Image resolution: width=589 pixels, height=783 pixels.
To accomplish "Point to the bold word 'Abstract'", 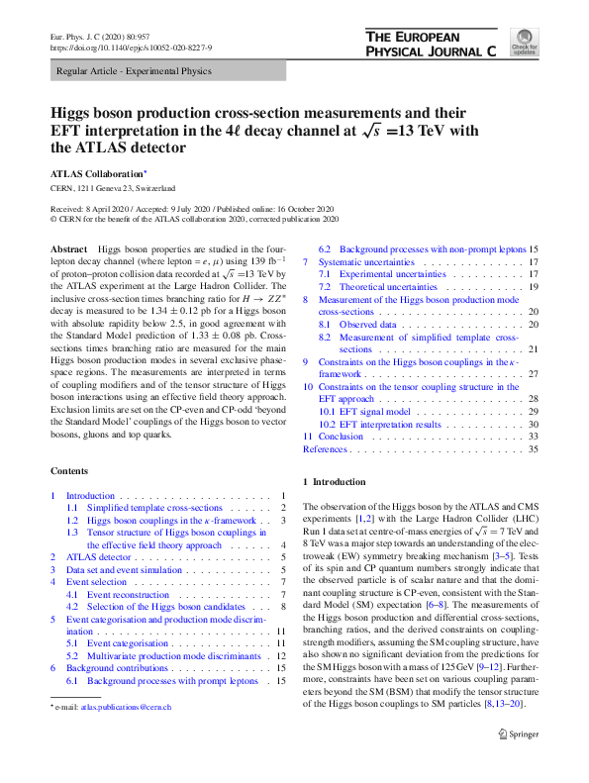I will pyautogui.click(x=68, y=249).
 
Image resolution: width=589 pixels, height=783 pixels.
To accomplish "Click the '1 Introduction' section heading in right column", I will pyautogui.click(x=340, y=482).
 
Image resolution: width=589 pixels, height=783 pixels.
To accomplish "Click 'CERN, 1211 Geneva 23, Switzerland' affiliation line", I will pyautogui.click(x=113, y=187).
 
